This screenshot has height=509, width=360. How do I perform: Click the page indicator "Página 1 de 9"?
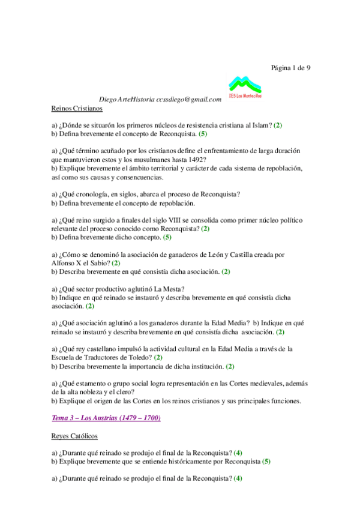(291, 67)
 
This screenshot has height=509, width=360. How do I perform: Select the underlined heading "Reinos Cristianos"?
(76, 109)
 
